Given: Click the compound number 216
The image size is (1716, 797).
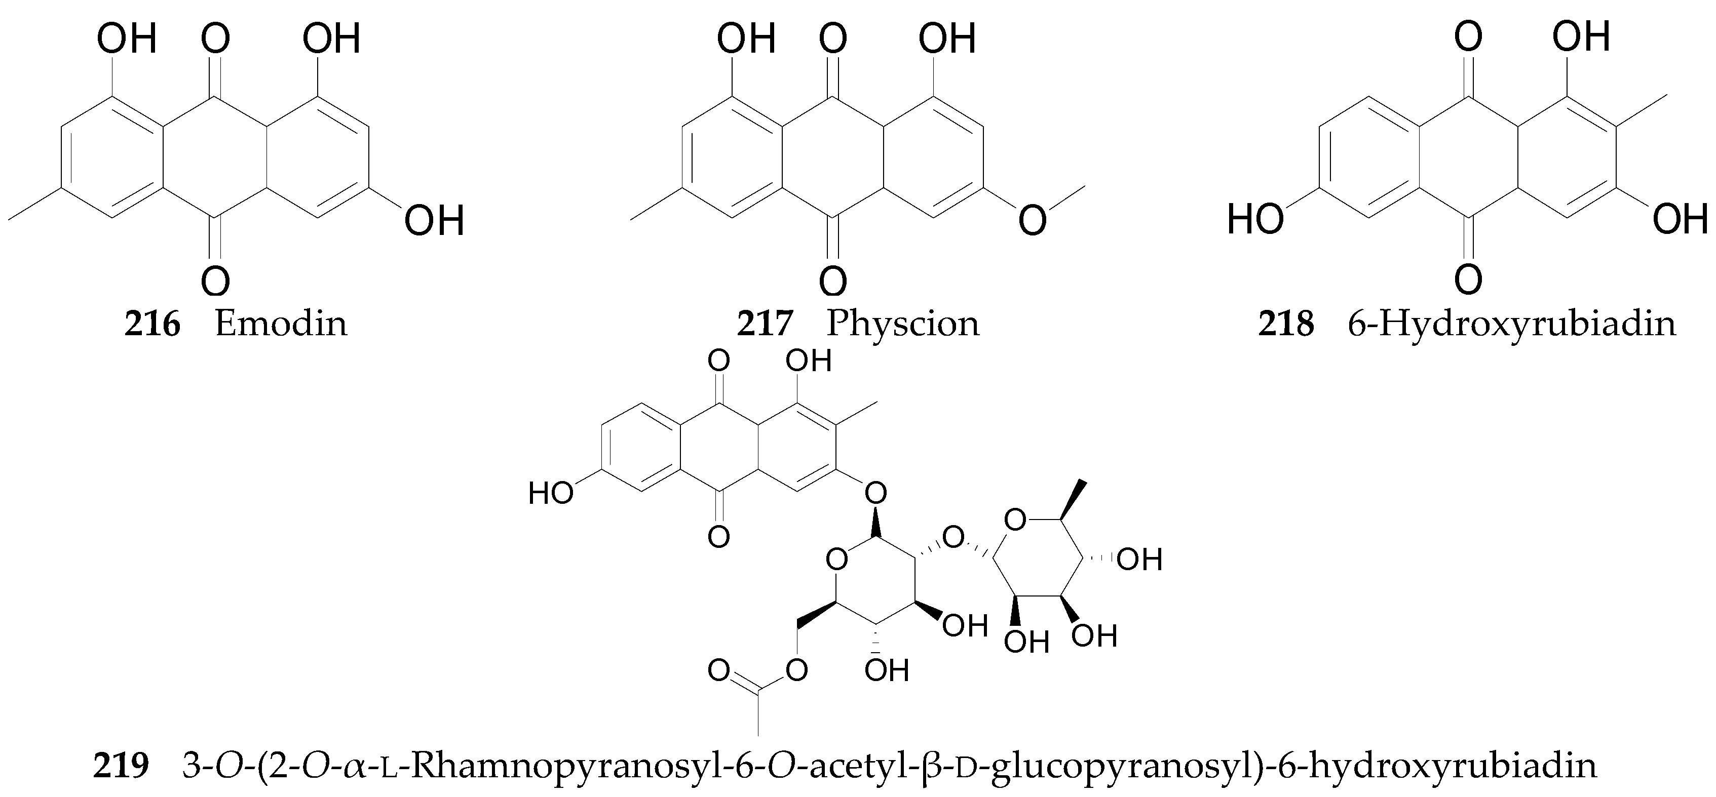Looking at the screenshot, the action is click(152, 324).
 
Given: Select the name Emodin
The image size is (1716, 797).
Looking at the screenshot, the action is click(281, 324).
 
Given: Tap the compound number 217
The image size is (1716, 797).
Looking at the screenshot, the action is click(764, 324).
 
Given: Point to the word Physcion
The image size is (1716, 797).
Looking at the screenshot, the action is click(903, 324).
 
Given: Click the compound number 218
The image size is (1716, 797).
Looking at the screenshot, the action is click(1286, 324).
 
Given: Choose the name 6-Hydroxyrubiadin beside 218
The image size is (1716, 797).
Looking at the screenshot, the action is click(1511, 324).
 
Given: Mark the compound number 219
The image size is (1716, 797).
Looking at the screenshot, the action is click(120, 766).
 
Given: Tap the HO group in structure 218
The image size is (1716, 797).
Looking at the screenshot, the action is click(1255, 219).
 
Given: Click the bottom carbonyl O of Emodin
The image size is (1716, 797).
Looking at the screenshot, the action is click(215, 282).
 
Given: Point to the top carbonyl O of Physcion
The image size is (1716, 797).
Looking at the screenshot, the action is click(833, 38).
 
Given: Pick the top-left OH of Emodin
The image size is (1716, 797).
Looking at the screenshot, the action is click(127, 38).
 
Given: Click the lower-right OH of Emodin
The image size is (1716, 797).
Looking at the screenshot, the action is click(434, 220).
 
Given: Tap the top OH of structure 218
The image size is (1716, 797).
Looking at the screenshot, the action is click(1581, 36).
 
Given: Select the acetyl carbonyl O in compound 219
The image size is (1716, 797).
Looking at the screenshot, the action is click(719, 670).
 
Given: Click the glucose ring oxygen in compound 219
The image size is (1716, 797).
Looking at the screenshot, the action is click(836, 560).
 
